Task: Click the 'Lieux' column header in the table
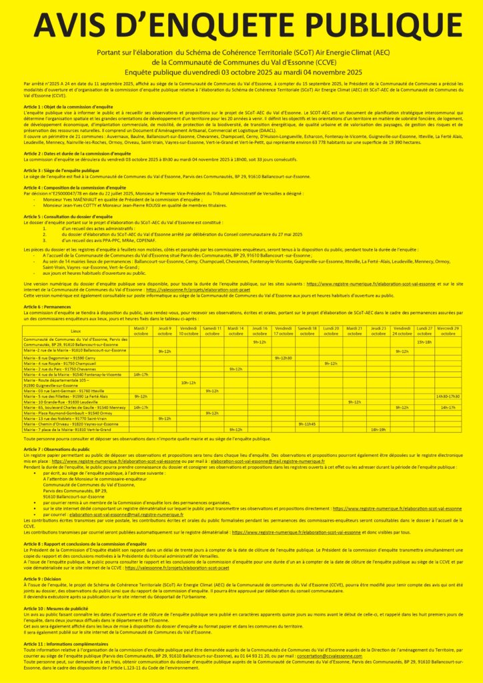pyautogui.click(x=75, y=331)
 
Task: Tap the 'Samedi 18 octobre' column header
pyautogui.click(x=307, y=331)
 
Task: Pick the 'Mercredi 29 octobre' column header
pyautogui.click(x=447, y=331)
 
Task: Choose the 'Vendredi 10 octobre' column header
pyautogui.click(x=188, y=331)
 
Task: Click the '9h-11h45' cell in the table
pyautogui.click(x=307, y=424)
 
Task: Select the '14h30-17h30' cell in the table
pyautogui.click(x=447, y=396)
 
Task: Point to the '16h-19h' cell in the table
pyautogui.click(x=378, y=430)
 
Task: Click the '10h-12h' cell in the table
pyautogui.click(x=188, y=382)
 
